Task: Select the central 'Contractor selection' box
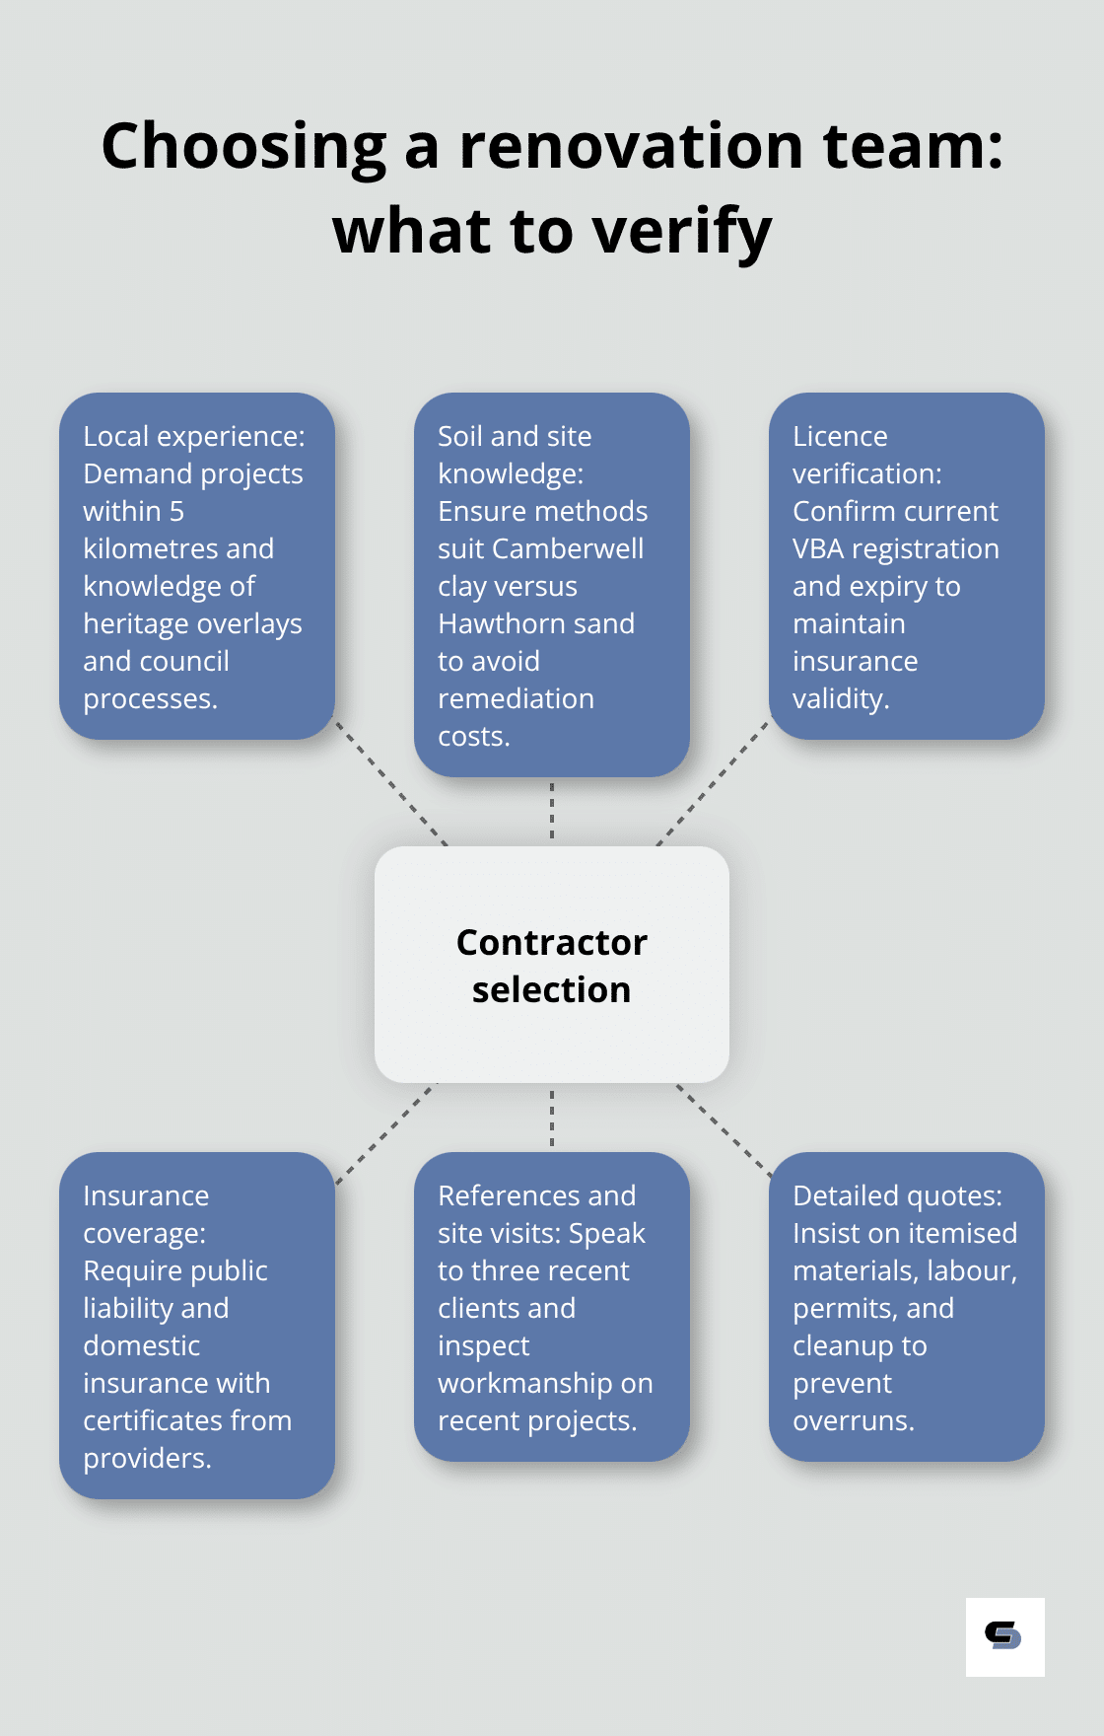tap(552, 965)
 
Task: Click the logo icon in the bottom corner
tap(1004, 1636)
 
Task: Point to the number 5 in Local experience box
tap(176, 511)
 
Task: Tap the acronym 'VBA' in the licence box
tap(818, 548)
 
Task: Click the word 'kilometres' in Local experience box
tap(149, 548)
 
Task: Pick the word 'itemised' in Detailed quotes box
tap(963, 1233)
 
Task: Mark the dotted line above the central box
tap(552, 811)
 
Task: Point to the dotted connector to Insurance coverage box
tap(384, 1134)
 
